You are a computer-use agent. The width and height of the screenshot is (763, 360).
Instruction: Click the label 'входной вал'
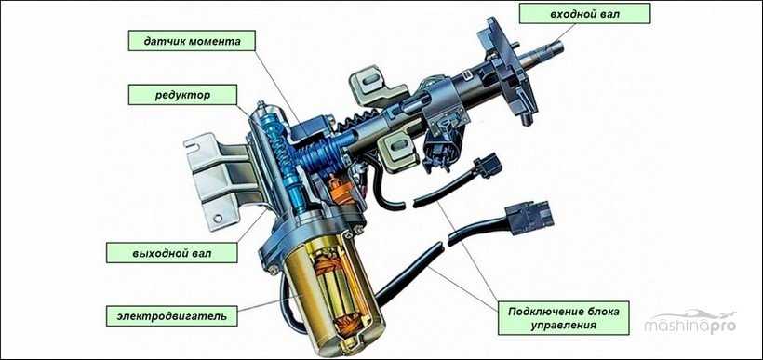point(585,14)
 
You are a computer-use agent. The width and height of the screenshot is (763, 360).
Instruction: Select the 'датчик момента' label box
point(192,41)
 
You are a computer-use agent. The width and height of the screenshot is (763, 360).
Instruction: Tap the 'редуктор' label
point(182,94)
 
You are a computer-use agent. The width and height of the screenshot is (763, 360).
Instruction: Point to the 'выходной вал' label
point(172,253)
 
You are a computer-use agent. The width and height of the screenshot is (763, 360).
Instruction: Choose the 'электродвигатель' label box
point(172,316)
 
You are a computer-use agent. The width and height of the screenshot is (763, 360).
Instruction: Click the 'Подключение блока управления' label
point(564,318)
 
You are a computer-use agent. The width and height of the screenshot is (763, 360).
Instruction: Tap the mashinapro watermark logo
point(690,322)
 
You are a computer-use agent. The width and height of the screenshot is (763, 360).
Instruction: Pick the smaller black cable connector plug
point(487,166)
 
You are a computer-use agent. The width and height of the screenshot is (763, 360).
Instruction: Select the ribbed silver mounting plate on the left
point(218,177)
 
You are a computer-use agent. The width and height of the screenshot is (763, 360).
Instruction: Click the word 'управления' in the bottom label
point(564,325)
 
